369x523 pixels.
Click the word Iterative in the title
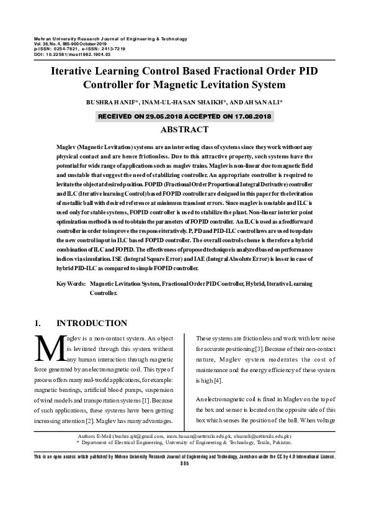tap(74, 71)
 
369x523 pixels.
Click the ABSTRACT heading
tap(184, 130)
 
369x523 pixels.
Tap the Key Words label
tap(71, 283)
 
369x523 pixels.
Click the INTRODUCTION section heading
tap(92, 324)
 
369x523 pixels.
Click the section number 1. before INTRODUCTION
tap(37, 324)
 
